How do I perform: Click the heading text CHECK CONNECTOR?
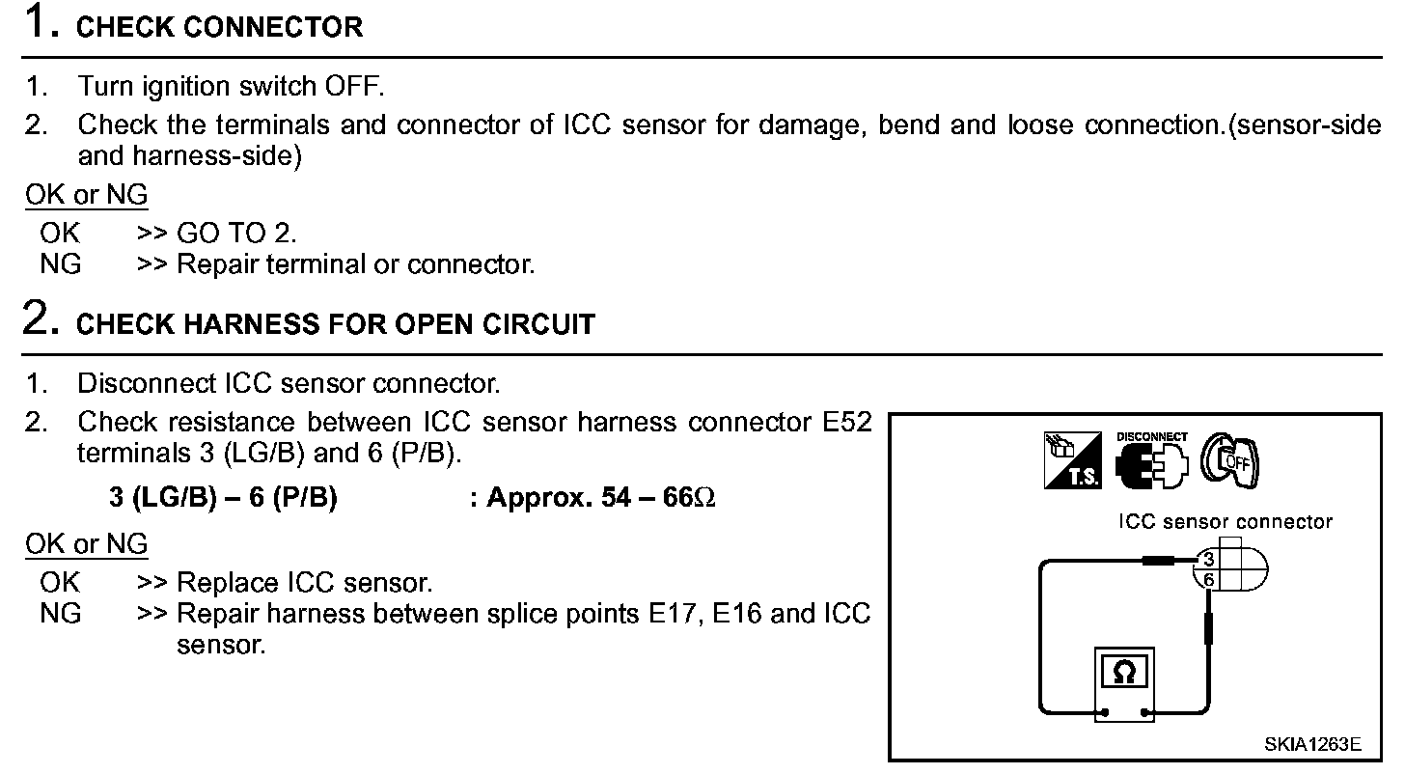[x=219, y=27]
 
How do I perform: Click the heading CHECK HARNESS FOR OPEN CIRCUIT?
[x=335, y=324]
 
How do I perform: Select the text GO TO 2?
[x=237, y=233]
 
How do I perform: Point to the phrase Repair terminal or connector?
[x=356, y=263]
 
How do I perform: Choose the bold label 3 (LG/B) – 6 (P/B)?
[x=223, y=498]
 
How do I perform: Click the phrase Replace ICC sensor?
[x=305, y=583]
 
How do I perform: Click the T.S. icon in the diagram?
[x=1072, y=460]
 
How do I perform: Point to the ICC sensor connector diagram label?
[x=1225, y=522]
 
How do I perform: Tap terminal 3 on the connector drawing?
[x=1209, y=560]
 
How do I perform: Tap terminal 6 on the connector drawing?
[x=1209, y=579]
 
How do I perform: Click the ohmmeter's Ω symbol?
[x=1123, y=673]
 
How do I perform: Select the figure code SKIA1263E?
[x=1313, y=744]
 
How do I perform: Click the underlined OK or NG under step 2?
[x=87, y=544]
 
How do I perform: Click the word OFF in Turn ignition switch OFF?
[x=353, y=86]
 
